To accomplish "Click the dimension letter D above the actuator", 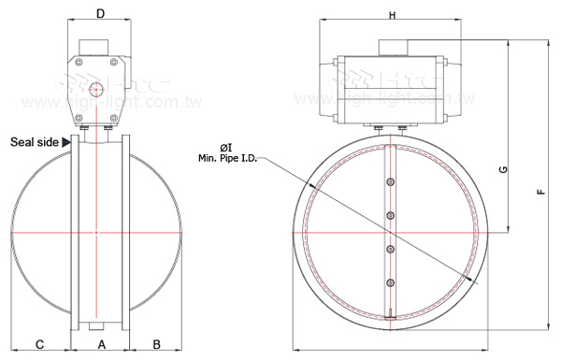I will (100, 15).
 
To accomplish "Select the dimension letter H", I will (393, 15).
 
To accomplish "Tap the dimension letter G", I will (503, 169).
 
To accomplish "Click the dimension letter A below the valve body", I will (100, 344).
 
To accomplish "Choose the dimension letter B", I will (157, 344).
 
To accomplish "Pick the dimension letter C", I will (40, 344).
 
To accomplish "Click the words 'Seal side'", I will (34, 143).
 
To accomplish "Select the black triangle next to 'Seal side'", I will (65, 143).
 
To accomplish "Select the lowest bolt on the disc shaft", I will (389, 280).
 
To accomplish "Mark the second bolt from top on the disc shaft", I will (389, 216).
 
